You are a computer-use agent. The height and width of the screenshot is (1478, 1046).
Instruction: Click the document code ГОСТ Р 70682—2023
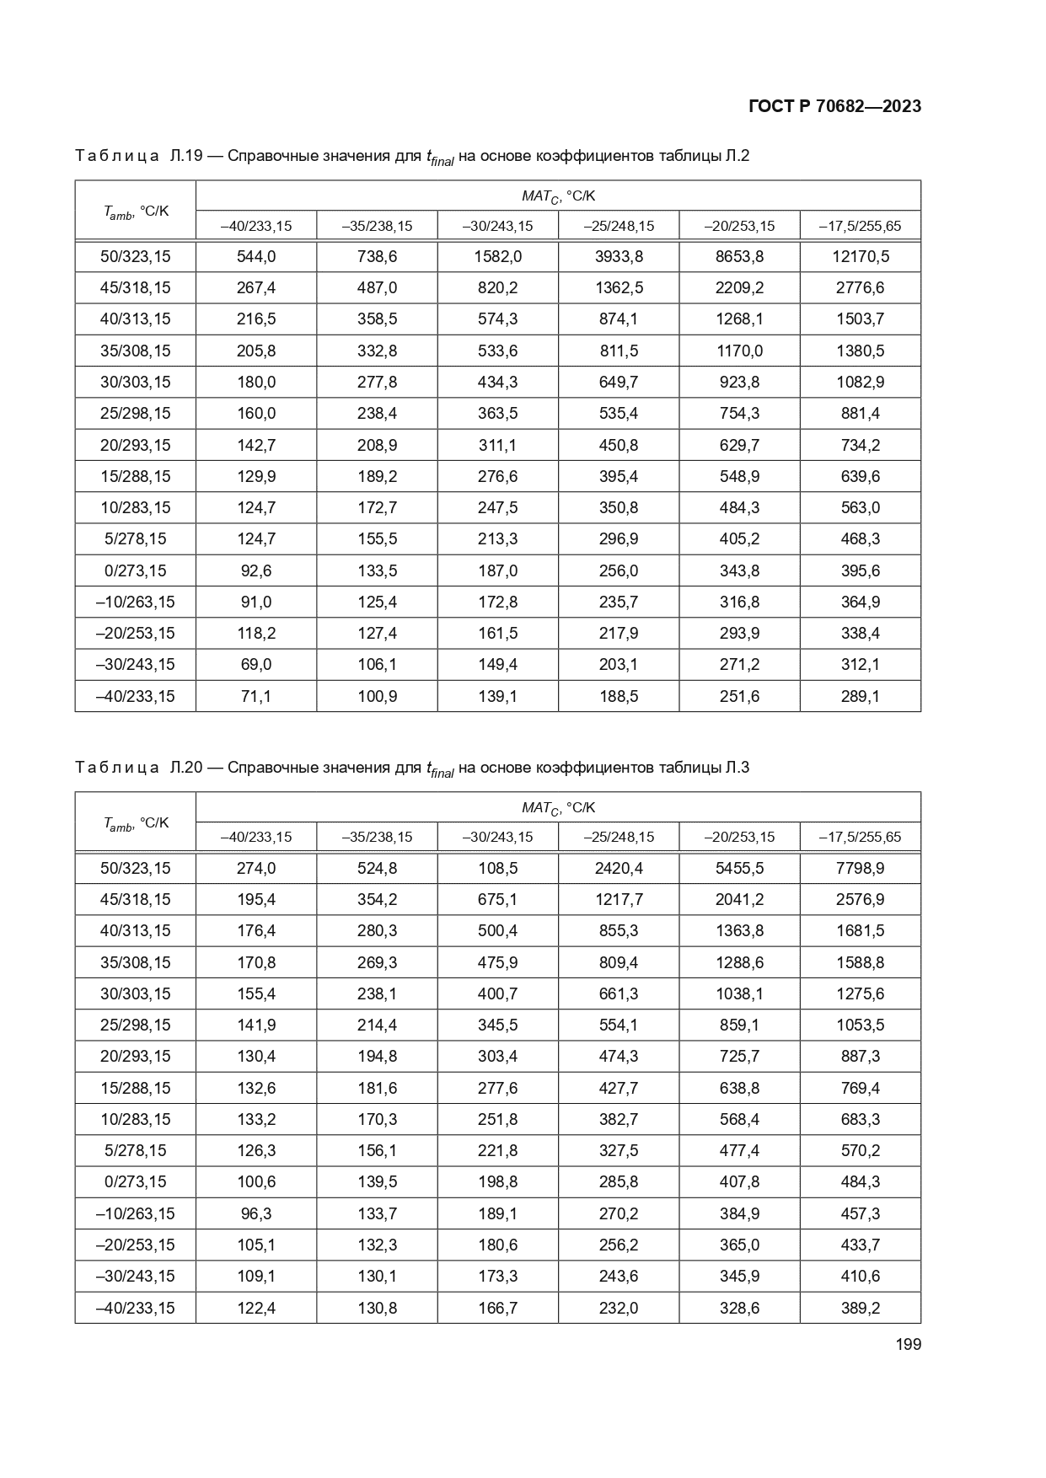pos(834,106)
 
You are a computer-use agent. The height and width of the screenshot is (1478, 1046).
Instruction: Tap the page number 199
pos(908,1344)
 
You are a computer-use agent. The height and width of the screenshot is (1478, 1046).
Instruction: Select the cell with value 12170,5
pos(860,256)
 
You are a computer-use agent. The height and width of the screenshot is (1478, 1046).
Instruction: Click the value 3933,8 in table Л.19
pos(619,256)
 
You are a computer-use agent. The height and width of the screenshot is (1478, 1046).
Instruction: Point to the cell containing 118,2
pos(256,633)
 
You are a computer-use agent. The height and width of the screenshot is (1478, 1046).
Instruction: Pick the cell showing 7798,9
pos(860,868)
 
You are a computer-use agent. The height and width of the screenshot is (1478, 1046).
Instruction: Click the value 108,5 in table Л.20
pos(497,868)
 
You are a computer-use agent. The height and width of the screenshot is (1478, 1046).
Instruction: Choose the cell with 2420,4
pos(619,868)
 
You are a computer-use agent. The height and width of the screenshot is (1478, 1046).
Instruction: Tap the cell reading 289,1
pos(860,696)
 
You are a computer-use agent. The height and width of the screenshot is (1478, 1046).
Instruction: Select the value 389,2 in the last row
pos(860,1308)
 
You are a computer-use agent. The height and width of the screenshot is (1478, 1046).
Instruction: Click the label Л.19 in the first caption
pos(185,156)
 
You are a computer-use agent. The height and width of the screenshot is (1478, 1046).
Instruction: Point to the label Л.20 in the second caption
pos(185,768)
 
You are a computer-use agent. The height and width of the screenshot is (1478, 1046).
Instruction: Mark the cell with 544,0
pos(256,256)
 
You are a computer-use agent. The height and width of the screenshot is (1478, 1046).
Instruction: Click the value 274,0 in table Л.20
pos(256,868)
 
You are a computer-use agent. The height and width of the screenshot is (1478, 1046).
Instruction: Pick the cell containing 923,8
pos(739,382)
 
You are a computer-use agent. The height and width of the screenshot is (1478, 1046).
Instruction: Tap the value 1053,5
pos(860,1025)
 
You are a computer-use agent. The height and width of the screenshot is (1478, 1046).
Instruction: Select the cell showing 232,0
pos(619,1308)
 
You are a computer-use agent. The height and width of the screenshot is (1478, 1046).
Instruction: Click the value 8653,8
pos(739,256)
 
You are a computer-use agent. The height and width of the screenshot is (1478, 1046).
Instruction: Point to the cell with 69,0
pos(256,664)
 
